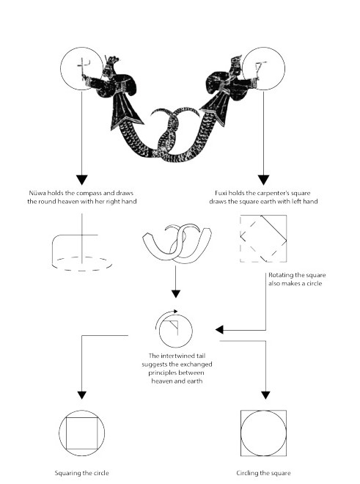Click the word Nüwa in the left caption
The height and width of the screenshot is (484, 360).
pyautogui.click(x=37, y=193)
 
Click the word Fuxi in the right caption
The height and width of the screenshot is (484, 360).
pyautogui.click(x=221, y=193)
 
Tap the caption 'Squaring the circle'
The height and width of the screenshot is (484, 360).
pyautogui.click(x=82, y=473)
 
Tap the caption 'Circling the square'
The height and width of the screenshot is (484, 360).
pyautogui.click(x=263, y=473)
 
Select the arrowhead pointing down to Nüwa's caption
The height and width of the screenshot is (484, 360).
pyautogui.click(x=82, y=180)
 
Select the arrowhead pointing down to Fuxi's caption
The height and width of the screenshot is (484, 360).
pyautogui.click(x=263, y=180)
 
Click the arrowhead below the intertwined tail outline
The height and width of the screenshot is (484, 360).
pyautogui.click(x=176, y=294)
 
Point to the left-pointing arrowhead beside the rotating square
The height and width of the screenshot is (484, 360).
pyautogui.click(x=219, y=330)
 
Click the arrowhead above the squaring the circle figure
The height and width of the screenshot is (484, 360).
pyautogui.click(x=82, y=395)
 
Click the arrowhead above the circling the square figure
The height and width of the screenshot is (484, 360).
pyautogui.click(x=265, y=395)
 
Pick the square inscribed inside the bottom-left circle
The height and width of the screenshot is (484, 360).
pyautogui.click(x=67, y=433)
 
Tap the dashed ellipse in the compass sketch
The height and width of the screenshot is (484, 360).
pyautogui.click(x=82, y=271)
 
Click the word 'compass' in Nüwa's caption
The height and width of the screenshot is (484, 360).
pyautogui.click(x=89, y=193)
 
